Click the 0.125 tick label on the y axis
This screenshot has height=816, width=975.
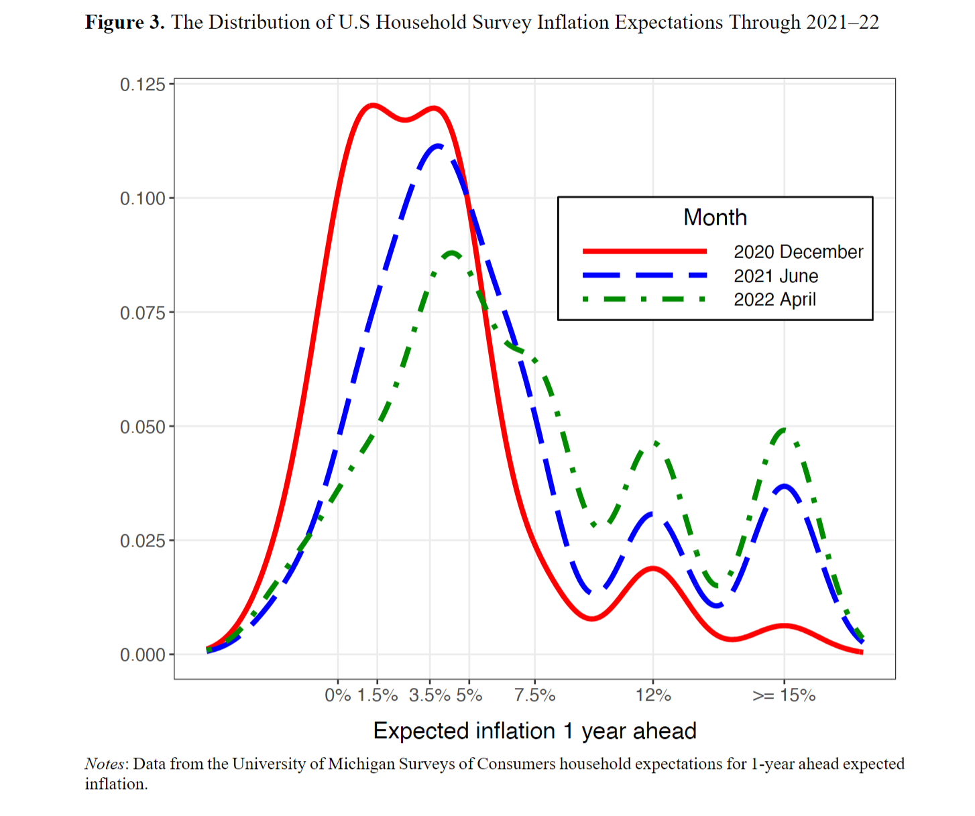(142, 84)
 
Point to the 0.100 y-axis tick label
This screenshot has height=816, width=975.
(142, 198)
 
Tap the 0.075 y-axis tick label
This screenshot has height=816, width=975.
(142, 313)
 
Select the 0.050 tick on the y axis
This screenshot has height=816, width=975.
(142, 427)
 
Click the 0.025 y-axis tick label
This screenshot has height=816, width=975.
(142, 541)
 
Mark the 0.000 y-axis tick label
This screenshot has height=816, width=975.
(142, 655)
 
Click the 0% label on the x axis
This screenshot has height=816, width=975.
(338, 695)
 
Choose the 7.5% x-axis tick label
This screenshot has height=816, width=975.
(534, 695)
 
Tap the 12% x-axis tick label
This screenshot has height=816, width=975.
(653, 695)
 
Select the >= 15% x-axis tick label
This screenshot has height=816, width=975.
(784, 695)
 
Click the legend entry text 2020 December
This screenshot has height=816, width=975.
(798, 252)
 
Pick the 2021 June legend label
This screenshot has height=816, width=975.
(776, 276)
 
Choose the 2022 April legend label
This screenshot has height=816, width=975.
(775, 300)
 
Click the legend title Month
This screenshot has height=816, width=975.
(715, 217)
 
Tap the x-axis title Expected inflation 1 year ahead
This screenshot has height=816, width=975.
(534, 731)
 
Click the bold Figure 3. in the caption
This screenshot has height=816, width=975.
(125, 22)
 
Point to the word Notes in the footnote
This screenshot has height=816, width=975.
(105, 764)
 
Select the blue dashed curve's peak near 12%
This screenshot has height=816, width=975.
(652, 514)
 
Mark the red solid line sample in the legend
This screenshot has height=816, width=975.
(644, 251)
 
